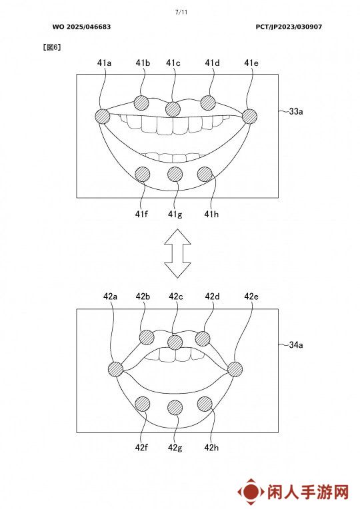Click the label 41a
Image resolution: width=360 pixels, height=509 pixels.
point(104,63)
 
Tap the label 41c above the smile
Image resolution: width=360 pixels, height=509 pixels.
point(173,63)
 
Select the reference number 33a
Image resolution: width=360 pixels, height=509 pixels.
point(296,111)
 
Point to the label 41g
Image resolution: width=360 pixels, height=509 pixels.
point(175,215)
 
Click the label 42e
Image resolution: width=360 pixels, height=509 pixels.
point(251,296)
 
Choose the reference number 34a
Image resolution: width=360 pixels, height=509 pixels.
point(296,344)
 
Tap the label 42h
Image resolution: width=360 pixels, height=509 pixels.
point(211,448)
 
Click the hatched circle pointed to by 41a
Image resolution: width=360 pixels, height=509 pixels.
point(103,116)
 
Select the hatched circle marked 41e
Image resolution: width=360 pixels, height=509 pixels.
point(249,116)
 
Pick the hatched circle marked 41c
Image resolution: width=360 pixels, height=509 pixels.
point(173,109)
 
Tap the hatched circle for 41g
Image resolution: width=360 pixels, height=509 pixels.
point(175,175)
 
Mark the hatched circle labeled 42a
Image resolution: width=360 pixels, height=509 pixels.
point(115,369)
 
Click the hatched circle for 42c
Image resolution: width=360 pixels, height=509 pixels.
point(175,342)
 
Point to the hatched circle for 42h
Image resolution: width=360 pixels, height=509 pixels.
point(205,404)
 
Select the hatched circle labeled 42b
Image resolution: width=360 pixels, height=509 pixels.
point(147,338)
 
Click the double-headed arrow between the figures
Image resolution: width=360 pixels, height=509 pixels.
point(177,253)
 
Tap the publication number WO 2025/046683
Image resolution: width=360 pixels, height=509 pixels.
point(81,27)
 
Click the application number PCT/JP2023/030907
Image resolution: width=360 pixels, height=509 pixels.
point(289,27)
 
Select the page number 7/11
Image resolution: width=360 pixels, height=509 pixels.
point(181,13)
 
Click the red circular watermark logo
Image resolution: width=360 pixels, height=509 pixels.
point(251,492)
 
